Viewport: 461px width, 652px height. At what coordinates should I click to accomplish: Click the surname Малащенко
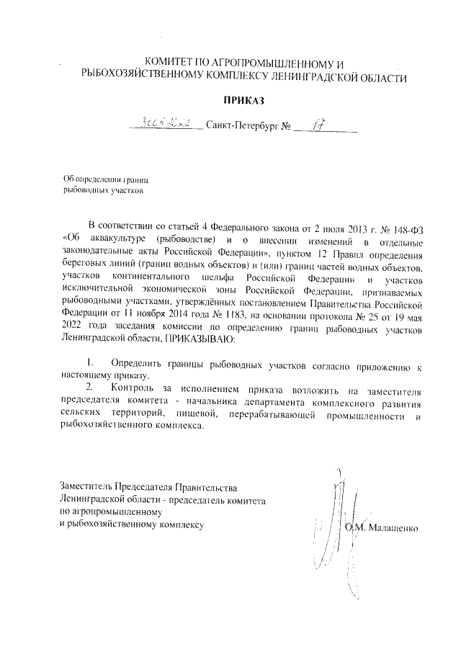395,530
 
